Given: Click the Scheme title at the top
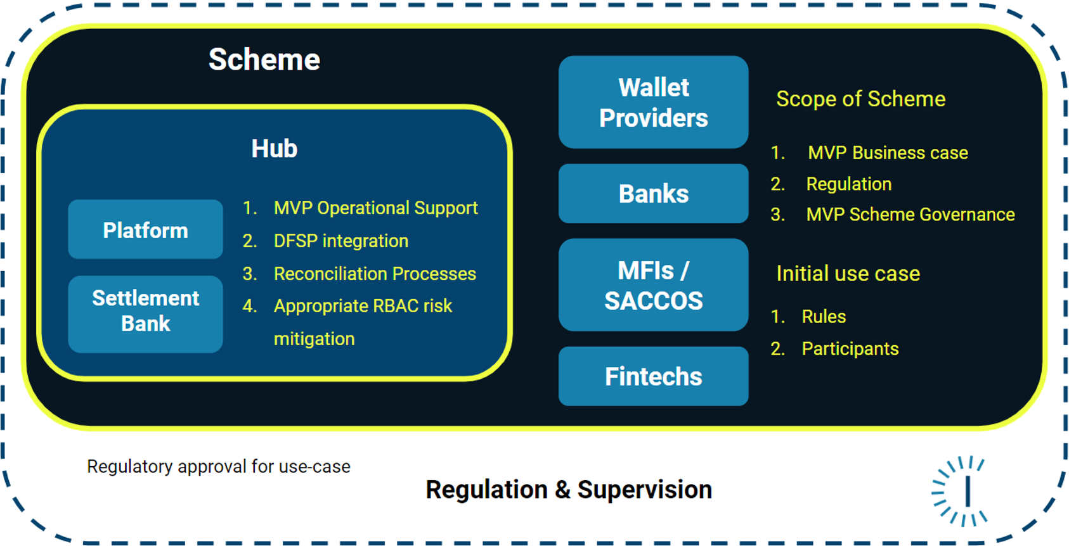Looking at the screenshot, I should coord(264,60).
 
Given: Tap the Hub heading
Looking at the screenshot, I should coord(274,149).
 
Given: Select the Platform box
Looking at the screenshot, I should coord(145,229).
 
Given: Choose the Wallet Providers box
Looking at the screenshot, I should coord(653,102).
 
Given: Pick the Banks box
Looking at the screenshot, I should coord(653,193).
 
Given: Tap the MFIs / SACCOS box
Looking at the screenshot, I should coord(653,285).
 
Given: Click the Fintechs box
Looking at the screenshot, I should coord(653,376).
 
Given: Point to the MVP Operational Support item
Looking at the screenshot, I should coord(375,208).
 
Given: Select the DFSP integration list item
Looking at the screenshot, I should coord(340,241).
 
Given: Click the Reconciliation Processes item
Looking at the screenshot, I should coord(374,274).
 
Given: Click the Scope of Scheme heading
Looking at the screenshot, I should coord(860,99).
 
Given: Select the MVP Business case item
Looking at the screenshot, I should coord(887,153).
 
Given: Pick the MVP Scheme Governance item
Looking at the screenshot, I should coord(910,215).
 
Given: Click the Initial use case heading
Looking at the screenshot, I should coord(848,274).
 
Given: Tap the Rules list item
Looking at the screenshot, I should coord(823,317).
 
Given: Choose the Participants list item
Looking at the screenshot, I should coord(850,349).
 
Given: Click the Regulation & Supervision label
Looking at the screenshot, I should coord(569,490).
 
